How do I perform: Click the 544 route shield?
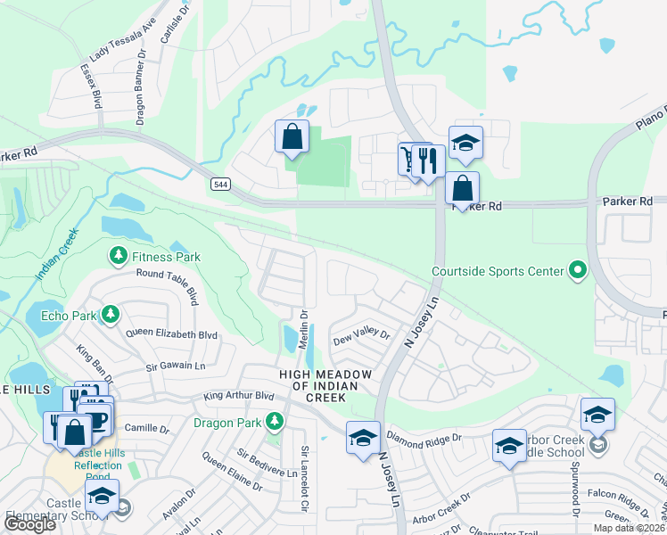220,184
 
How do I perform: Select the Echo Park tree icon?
109,314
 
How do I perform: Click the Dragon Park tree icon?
276,420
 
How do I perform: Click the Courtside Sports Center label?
498,271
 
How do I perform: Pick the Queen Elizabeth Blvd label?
171,334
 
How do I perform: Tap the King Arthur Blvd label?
238,395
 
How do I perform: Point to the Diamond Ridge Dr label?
424,437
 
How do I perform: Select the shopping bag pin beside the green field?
292,137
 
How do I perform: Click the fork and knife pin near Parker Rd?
429,161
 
